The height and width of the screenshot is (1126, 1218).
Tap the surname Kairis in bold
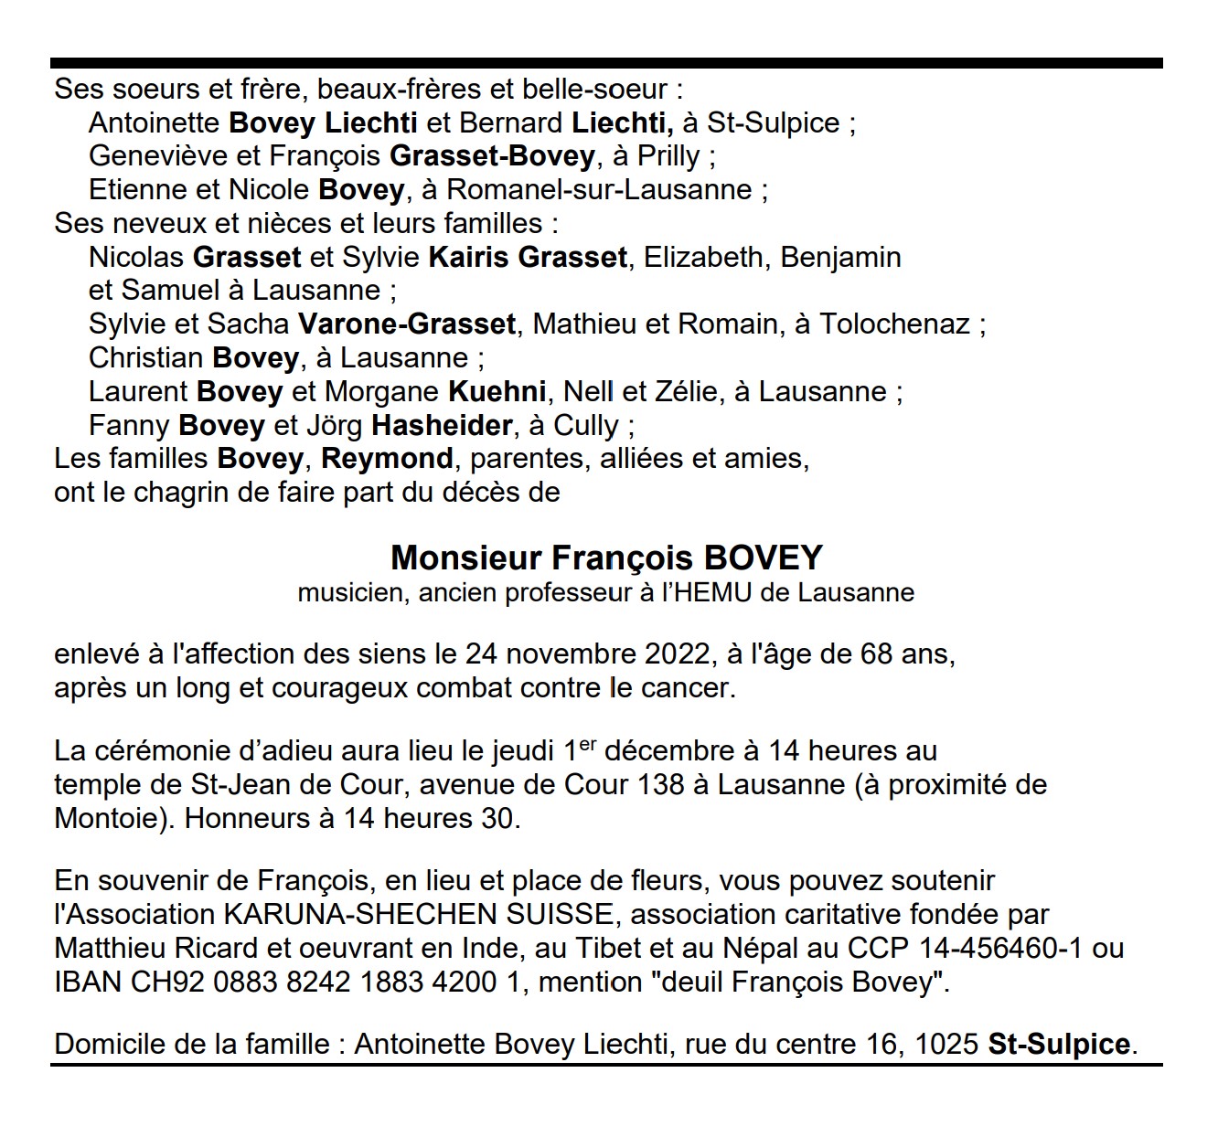tap(469, 258)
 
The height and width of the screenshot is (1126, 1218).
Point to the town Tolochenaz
tap(894, 324)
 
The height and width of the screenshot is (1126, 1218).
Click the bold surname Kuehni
tap(497, 392)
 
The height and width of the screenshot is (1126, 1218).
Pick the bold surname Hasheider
tap(442, 426)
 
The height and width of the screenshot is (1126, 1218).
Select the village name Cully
tap(586, 426)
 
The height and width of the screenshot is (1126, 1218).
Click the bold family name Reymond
tap(387, 459)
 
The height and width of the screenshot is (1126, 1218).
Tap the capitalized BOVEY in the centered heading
tap(763, 558)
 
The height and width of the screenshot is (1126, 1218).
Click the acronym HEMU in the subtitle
tap(716, 593)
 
